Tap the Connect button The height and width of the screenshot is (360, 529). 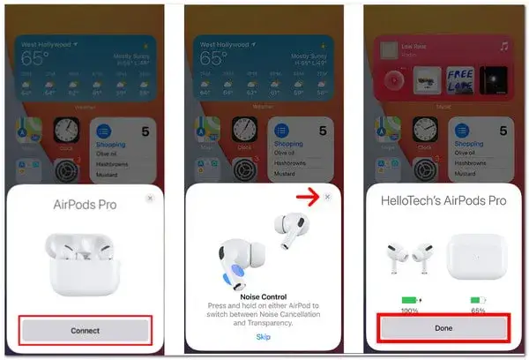(x=86, y=330)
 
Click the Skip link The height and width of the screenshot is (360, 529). (x=263, y=337)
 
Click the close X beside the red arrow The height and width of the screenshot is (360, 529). (x=328, y=198)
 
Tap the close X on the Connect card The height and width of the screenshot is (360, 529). (x=150, y=199)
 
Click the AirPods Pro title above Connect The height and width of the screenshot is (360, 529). (x=86, y=206)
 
